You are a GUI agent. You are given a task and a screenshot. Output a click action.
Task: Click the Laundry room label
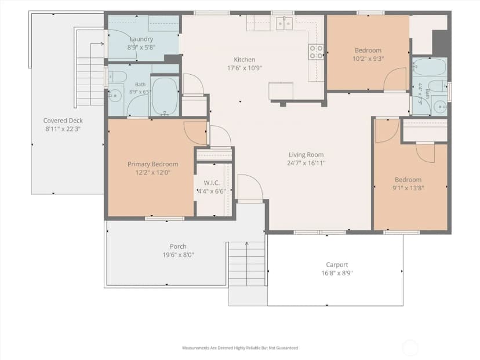[141, 39]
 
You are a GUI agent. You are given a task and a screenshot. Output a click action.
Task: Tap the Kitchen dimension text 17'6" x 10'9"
[245, 68]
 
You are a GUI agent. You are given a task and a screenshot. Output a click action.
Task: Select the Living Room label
[306, 155]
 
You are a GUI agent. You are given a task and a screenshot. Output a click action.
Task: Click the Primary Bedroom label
[153, 164]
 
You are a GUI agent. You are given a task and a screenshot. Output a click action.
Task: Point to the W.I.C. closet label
[212, 183]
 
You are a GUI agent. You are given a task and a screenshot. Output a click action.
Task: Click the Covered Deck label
[63, 121]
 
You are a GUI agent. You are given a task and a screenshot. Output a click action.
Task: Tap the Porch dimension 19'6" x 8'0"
[178, 254]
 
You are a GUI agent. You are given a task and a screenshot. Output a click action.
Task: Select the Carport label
[337, 264]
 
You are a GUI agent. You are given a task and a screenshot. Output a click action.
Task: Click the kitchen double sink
[285, 23]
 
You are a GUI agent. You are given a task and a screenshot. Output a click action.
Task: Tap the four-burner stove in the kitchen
[316, 52]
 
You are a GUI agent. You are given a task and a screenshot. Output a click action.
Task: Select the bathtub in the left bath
[165, 96]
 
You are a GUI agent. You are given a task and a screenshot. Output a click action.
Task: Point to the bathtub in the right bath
[430, 67]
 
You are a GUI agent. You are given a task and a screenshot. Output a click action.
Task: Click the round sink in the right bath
[441, 107]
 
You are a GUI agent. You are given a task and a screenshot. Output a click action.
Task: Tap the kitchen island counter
[281, 91]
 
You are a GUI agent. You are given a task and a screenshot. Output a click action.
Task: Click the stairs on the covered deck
[90, 81]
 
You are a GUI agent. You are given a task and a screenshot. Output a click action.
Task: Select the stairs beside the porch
[247, 264]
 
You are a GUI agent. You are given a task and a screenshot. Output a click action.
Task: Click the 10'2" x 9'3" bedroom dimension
[368, 59]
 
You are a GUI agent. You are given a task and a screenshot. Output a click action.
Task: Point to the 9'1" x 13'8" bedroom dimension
[408, 188]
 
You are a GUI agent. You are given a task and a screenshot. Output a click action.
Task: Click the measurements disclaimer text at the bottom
[240, 348]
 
